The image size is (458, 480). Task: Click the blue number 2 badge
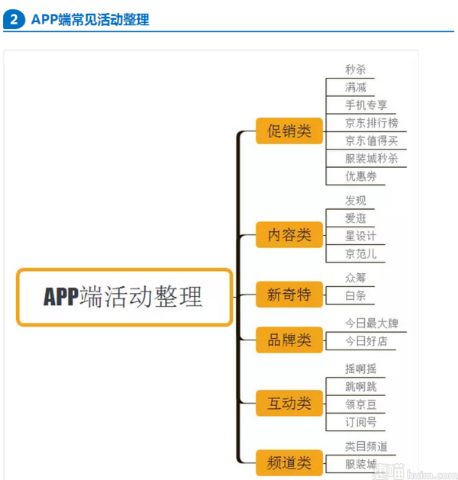point(14,19)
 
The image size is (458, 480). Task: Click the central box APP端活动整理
point(124,297)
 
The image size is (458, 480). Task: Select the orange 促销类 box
point(289,130)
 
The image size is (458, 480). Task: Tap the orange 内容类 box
point(289,235)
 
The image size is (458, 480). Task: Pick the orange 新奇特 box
point(289,295)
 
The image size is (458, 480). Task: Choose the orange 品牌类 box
point(289,340)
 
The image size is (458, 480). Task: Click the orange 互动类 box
point(289,403)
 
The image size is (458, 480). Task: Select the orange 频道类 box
point(289,462)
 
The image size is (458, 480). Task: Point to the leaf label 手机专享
point(366,105)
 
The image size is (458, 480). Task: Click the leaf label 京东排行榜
point(372,123)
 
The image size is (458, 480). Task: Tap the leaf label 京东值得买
point(372,140)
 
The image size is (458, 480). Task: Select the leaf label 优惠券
point(361,176)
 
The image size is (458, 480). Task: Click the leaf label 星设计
point(361,236)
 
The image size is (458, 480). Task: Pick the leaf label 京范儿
point(361,254)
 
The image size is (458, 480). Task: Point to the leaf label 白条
point(356,296)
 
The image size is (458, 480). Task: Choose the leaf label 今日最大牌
point(372,324)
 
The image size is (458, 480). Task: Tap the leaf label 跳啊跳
point(361,387)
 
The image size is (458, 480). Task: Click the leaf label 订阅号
point(361,423)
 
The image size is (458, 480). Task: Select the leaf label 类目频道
point(366,446)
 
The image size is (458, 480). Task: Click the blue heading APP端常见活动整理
point(90,20)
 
